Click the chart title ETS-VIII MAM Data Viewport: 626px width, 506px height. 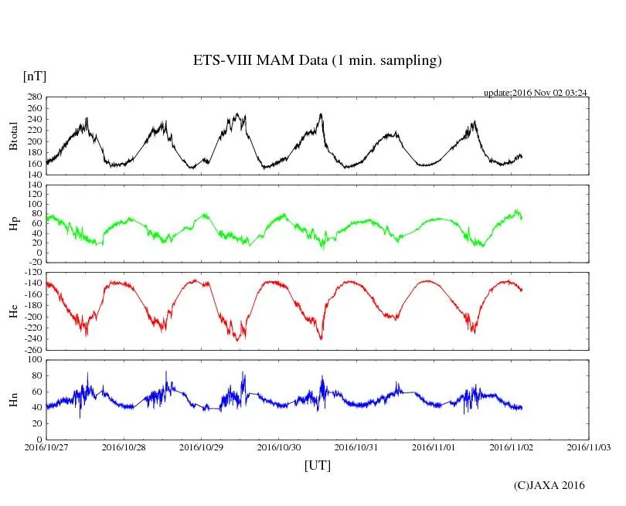317,61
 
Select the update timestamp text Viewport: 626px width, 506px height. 536,92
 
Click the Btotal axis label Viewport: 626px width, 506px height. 13,135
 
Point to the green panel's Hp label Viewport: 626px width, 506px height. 13,224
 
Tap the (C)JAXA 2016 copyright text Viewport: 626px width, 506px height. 549,485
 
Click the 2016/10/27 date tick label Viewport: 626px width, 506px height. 46,447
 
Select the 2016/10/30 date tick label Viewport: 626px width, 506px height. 279,447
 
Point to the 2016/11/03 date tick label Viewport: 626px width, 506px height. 589,447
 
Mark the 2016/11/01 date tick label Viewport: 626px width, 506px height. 434,447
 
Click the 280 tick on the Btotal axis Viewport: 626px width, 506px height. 32,97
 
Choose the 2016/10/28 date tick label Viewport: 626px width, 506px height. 124,447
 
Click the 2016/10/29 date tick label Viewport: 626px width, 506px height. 202,447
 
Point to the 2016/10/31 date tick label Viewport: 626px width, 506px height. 356,447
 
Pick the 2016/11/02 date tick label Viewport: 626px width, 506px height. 511,447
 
